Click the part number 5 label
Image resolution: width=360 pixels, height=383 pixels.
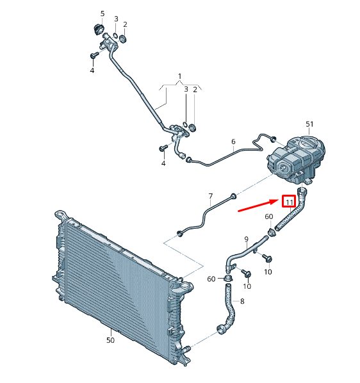102,13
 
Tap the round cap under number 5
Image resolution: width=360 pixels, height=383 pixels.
99,29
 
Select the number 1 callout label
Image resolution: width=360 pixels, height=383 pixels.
180,76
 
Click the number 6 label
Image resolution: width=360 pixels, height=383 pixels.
233,142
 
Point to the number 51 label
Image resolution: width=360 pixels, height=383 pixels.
309,124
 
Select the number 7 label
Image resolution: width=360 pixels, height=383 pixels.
211,196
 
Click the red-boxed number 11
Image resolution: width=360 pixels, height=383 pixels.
289,202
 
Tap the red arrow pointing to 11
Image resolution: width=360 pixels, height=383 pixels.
258,205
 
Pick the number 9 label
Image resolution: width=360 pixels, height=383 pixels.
246,239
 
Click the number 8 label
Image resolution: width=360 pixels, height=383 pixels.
242,301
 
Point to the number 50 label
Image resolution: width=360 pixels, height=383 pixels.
110,340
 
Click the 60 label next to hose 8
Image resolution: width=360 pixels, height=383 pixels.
211,279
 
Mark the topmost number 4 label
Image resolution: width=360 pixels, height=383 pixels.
92,70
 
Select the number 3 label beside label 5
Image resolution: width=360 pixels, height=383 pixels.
116,19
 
